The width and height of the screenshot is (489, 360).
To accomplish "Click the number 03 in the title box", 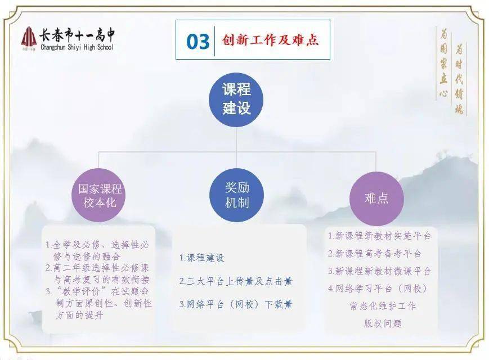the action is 198,42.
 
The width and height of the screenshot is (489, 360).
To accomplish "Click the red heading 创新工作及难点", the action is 270,40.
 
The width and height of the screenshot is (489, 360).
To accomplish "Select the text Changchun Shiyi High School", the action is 77,47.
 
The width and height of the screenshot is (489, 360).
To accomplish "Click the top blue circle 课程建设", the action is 236,100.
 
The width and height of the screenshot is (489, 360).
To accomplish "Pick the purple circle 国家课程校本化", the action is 99,195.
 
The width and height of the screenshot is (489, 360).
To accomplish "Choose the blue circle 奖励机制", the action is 237,195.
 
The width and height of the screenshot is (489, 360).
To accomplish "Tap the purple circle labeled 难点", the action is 376,199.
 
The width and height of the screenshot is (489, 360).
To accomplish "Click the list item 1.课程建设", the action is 202,258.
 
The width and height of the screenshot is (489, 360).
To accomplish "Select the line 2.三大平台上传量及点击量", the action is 236,281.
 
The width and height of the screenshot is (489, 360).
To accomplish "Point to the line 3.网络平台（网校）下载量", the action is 236,304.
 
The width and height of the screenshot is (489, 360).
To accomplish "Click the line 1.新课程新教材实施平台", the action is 379,236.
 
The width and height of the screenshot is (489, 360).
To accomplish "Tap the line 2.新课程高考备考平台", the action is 374,253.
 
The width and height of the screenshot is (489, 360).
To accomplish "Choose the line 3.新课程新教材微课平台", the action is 379,271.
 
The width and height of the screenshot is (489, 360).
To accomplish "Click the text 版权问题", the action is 383,323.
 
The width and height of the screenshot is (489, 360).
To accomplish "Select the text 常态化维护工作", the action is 383,306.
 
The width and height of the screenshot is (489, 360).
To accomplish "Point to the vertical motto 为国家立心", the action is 443,63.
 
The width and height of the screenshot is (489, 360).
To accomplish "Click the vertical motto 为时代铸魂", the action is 459,79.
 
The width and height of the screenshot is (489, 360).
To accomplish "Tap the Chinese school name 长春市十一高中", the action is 77,35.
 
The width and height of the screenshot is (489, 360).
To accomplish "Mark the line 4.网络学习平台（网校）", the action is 378,289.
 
